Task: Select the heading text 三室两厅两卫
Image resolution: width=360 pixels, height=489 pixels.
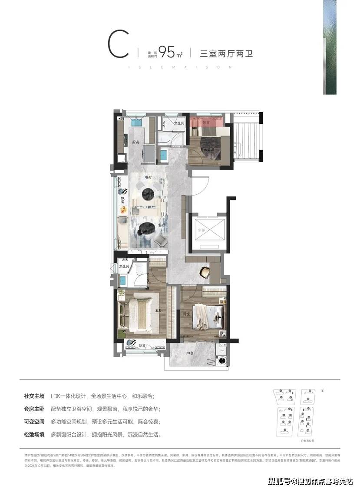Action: (226, 54)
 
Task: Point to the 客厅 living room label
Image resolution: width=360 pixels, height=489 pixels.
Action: (162, 225)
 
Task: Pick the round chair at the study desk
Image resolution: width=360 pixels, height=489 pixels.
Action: (204, 272)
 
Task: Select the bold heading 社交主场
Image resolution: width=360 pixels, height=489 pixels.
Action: (34, 396)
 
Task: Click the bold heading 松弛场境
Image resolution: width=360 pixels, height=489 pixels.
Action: (34, 434)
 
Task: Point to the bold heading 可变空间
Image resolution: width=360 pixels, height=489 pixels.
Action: (34, 422)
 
